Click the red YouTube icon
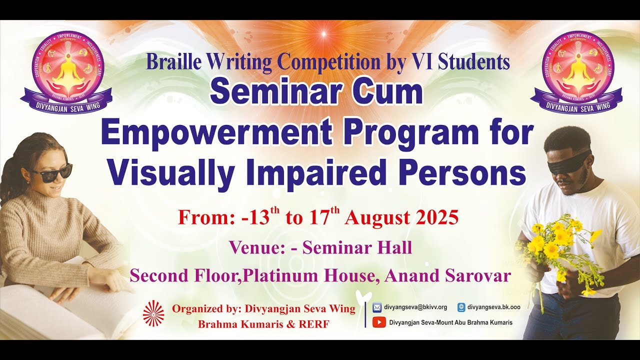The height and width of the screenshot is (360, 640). (x=379, y=322)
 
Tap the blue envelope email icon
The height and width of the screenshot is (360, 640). (x=377, y=307)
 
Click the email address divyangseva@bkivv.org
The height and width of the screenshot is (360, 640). (x=415, y=307)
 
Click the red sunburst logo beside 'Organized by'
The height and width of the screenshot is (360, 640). (x=153, y=313)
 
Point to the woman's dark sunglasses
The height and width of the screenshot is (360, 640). (x=51, y=173)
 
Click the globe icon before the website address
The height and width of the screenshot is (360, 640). (x=461, y=307)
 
